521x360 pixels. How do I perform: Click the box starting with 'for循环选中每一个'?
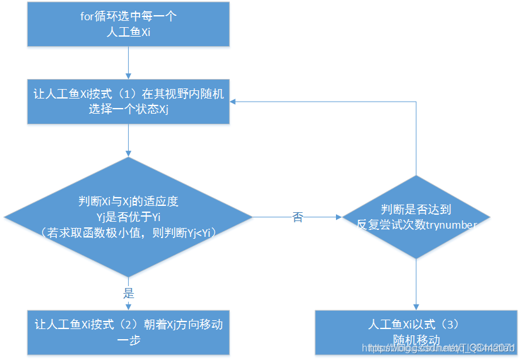[128, 24]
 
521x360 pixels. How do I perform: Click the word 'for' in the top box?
[88, 16]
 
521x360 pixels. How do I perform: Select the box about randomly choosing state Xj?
[128, 101]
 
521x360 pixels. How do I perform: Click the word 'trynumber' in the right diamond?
[451, 224]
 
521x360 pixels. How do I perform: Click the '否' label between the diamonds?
[297, 217]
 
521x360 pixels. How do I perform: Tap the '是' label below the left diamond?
[129, 294]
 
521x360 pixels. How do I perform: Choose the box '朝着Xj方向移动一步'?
[128, 332]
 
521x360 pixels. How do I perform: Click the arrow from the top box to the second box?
[128, 63]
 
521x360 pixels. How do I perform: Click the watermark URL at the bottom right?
[441, 348]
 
